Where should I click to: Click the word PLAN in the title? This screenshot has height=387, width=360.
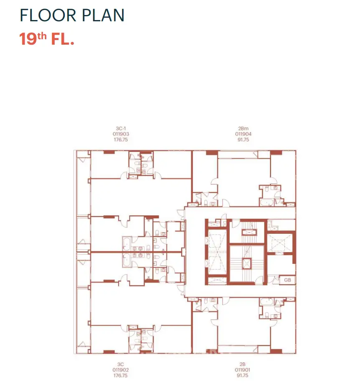[103, 15]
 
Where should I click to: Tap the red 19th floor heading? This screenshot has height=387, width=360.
[47, 39]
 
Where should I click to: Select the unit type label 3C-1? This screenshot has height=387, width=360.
[121, 129]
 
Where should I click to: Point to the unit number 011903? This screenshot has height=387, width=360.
[121, 134]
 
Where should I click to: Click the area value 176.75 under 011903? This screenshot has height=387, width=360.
[121, 140]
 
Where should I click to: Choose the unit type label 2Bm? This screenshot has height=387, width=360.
[243, 129]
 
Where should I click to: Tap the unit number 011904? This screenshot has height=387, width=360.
[243, 134]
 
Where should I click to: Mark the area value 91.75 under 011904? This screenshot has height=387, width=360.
[243, 140]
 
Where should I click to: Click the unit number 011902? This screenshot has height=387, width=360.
[121, 370]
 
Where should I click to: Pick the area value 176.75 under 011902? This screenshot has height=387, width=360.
[121, 376]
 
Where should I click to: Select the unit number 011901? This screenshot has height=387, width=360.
[243, 370]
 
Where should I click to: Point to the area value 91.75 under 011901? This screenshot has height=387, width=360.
[243, 375]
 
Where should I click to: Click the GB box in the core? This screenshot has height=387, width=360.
[287, 280]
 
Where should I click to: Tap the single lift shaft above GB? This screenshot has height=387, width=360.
[280, 243]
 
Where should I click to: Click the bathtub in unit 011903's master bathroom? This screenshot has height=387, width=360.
[127, 244]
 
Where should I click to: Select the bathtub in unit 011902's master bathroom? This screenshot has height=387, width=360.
[127, 261]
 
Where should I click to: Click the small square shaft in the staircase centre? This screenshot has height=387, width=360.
[246, 264]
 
